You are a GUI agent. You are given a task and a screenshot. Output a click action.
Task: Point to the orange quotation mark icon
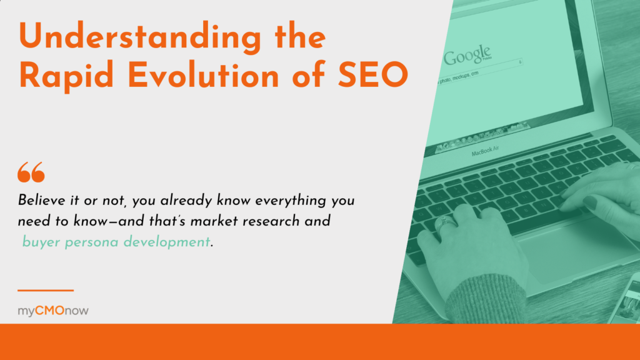tap(31, 171)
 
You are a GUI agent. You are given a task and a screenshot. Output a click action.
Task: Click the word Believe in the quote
tap(42, 201)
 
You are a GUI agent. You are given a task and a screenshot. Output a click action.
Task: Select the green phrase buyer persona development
tap(116, 242)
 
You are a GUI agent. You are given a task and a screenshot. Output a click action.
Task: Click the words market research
tap(257, 221)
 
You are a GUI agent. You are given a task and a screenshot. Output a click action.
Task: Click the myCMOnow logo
tap(52, 311)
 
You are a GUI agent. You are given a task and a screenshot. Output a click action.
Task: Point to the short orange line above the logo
tap(45, 290)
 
